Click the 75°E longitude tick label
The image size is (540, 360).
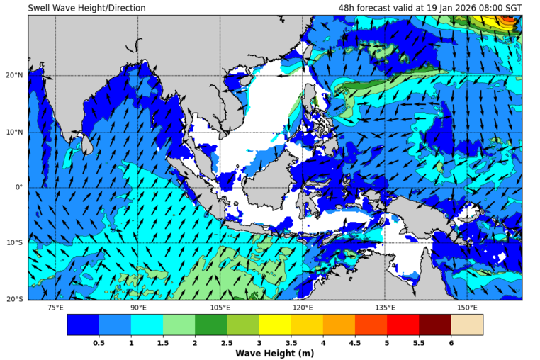point(55,308)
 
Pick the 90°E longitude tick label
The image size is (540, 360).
point(138,308)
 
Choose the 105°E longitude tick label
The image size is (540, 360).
point(220,308)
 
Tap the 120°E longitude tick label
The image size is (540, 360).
point(303,308)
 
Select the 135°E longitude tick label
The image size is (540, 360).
point(385,308)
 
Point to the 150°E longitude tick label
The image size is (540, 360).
point(467,308)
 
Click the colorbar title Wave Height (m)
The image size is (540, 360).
point(274,353)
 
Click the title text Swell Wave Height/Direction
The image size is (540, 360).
point(86,8)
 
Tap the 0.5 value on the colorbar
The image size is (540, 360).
point(99,343)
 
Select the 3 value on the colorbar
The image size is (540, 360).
point(259,343)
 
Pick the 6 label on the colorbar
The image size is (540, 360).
point(451,343)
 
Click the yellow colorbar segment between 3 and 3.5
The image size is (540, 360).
point(275,325)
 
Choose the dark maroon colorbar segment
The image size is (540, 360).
point(434,325)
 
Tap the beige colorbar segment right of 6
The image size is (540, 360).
point(467,325)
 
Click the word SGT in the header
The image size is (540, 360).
point(512,8)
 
